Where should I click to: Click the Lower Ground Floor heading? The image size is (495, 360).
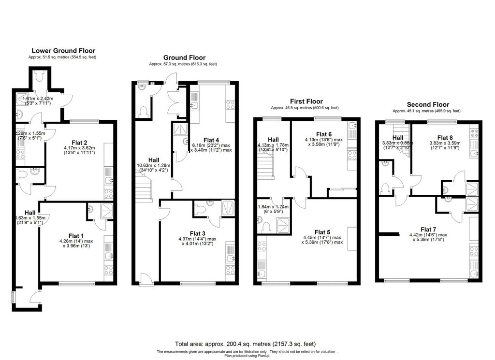63,50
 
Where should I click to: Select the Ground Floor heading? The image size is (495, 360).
184,57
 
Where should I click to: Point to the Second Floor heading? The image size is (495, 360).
428,104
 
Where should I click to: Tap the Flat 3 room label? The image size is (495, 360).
198,233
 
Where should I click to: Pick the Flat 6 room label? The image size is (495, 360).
323,134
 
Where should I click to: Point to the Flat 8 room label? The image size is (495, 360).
445,137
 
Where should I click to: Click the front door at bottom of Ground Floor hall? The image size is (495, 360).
144,279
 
